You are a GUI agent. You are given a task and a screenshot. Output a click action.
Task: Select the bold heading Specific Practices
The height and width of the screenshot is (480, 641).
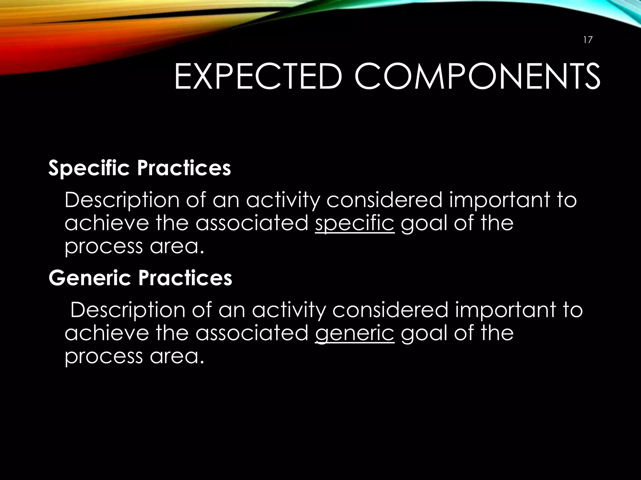tap(140, 168)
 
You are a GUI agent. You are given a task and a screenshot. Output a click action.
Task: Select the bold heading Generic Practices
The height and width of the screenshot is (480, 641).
tap(140, 278)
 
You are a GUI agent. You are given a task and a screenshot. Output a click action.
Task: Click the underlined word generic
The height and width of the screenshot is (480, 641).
tap(355, 333)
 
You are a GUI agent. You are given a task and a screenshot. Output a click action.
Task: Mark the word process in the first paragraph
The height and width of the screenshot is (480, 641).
tap(104, 247)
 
